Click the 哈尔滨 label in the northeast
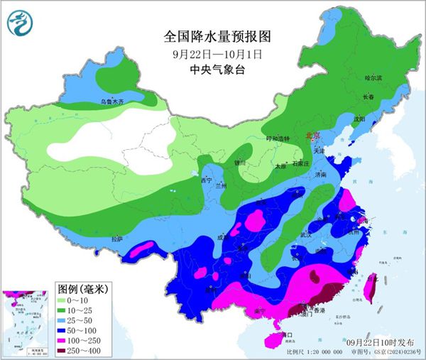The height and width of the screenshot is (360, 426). [373, 77]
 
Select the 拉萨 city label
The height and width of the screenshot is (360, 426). [117, 239]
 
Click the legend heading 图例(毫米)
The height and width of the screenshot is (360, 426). [82, 289]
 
